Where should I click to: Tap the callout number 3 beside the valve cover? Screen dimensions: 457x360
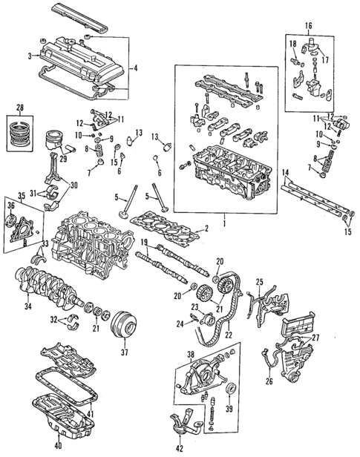coord(29,56)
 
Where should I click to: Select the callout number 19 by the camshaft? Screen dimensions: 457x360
coord(142,243)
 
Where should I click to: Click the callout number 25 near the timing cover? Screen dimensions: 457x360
coord(260,281)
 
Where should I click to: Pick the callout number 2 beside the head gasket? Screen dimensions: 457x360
coord(207,228)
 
